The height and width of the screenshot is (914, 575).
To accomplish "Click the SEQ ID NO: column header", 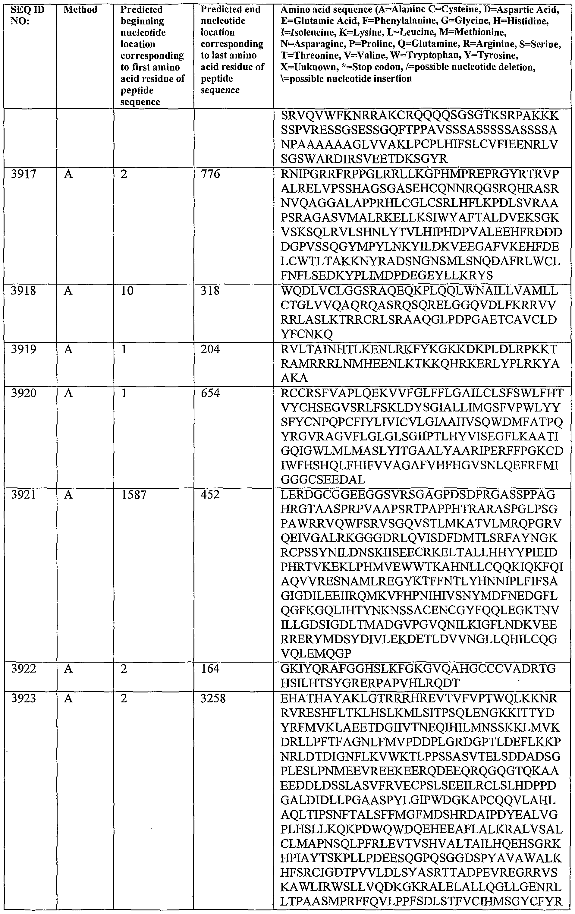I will point(27,15).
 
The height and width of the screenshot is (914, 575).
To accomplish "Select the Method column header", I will point(80,9).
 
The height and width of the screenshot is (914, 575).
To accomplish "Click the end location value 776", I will point(210,175).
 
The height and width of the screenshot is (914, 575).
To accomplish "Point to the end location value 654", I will point(210,393).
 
